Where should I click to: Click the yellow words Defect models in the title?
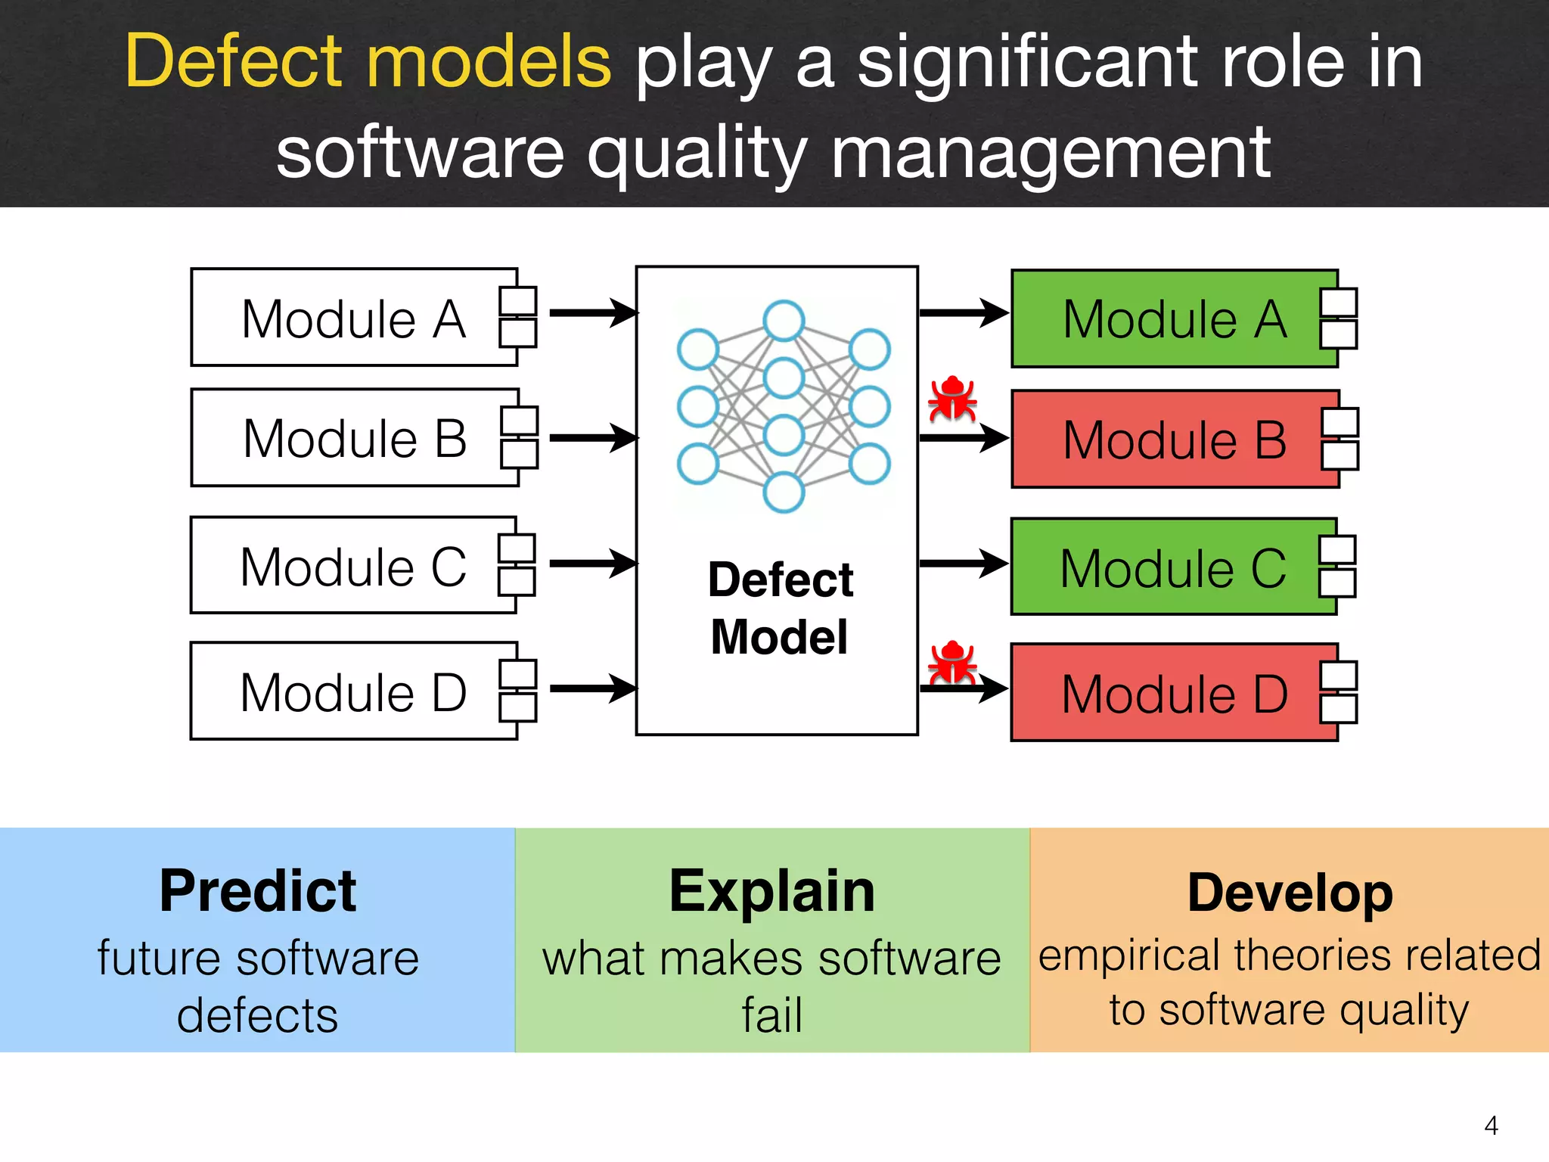368,62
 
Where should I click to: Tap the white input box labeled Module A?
354,318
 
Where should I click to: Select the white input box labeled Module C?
353,566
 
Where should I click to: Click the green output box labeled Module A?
1174,318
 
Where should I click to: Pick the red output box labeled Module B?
1175,440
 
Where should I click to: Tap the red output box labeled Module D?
1174,693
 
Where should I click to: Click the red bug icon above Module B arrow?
952,399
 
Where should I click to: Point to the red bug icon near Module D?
952,663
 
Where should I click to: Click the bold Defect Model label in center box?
780,607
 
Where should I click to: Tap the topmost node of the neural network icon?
784,321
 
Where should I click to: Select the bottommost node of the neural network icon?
784,492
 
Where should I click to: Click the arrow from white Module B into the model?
593,437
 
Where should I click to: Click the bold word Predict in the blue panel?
257,891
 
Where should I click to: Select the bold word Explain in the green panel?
772,891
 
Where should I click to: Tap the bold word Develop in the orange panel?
1290,893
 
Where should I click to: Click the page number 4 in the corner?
1491,1125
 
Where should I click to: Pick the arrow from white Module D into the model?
593,688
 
